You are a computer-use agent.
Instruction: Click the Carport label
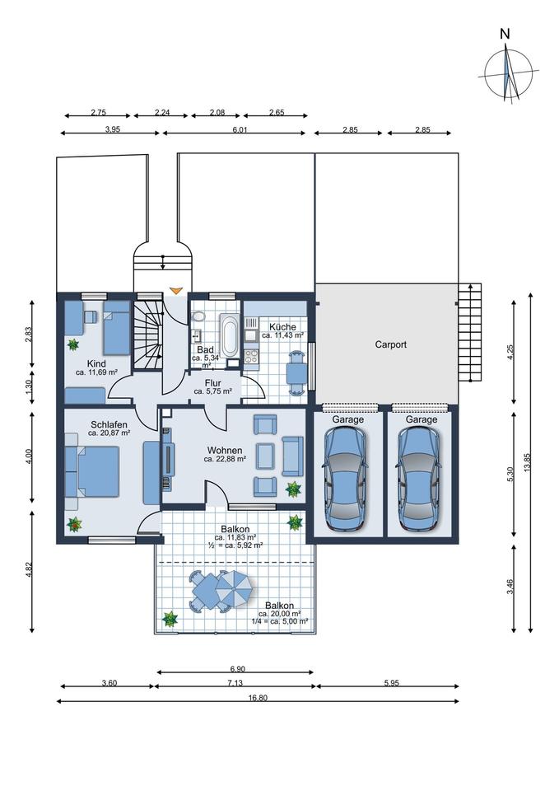tap(391, 344)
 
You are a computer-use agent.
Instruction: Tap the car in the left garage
tap(345, 479)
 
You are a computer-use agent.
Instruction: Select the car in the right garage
tap(418, 479)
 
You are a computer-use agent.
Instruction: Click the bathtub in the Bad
tap(231, 335)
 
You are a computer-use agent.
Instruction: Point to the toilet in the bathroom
tap(198, 316)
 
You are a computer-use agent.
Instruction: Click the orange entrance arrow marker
tap(175, 291)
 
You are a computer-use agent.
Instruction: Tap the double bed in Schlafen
tap(92, 471)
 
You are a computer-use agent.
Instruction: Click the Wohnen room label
tap(225, 451)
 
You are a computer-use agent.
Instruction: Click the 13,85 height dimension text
tap(527, 461)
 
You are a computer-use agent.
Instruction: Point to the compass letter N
tap(505, 35)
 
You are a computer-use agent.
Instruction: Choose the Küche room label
tap(282, 327)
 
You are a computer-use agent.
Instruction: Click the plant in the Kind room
tap(73, 345)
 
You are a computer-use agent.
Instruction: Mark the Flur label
tap(212, 383)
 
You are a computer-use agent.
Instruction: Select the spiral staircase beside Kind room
tap(148, 335)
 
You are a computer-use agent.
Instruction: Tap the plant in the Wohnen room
tap(293, 489)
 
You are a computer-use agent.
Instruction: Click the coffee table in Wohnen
tap(266, 456)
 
